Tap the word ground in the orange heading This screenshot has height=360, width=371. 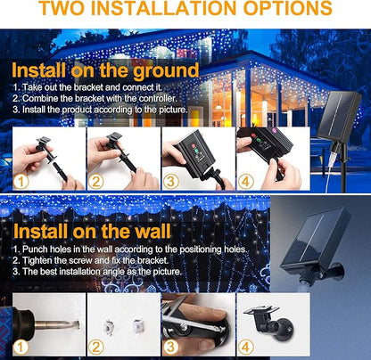pyautogui.click(x=166, y=71)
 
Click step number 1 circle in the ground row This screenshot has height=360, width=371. pyautogui.click(x=21, y=182)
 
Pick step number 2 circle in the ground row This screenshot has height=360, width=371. pyautogui.click(x=95, y=182)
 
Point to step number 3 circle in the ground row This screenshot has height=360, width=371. pyautogui.click(x=171, y=182)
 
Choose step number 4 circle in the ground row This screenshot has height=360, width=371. pyautogui.click(x=246, y=182)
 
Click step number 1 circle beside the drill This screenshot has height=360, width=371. pyautogui.click(x=21, y=348)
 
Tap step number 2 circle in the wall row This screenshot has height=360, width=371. pyautogui.click(x=95, y=348)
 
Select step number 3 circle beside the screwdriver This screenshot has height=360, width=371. pyautogui.click(x=171, y=348)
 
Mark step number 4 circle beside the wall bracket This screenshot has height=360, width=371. pyautogui.click(x=246, y=348)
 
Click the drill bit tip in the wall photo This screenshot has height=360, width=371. pyautogui.click(x=78, y=324)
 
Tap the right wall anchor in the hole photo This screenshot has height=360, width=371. pyautogui.click(x=137, y=326)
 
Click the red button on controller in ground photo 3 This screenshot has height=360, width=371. pyautogui.click(x=193, y=146)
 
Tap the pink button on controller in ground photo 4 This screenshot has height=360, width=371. pyautogui.click(x=274, y=130)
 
